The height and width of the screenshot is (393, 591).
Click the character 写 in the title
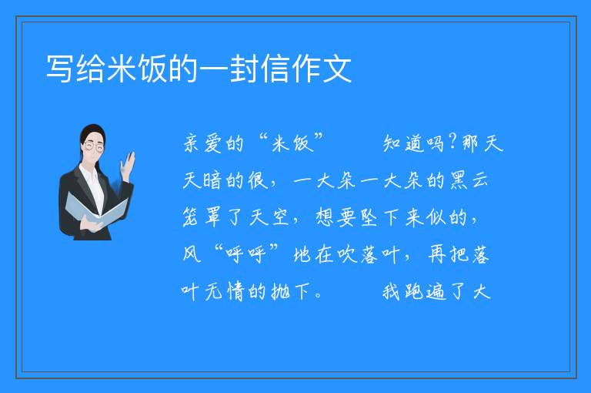pyautogui.click(x=60, y=69)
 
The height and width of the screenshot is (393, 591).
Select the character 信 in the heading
pyautogui.click(x=275, y=69)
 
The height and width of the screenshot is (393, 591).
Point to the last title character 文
pyautogui.click(x=336, y=69)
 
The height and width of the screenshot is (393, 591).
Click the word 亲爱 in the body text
pyautogui.click(x=203, y=144)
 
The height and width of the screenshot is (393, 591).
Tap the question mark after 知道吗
pyautogui.click(x=452, y=143)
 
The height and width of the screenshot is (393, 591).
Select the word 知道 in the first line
pyautogui.click(x=402, y=144)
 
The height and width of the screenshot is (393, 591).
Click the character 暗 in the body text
pyautogui.click(x=213, y=180)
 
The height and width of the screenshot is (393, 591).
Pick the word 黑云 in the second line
pyautogui.click(x=469, y=180)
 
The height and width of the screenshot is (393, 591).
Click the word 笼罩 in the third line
pyautogui.click(x=202, y=217)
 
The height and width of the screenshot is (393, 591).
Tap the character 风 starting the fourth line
pyautogui.click(x=192, y=254)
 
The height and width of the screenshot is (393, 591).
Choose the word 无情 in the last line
pyautogui.click(x=225, y=291)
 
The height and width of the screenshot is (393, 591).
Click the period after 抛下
pyautogui.click(x=318, y=296)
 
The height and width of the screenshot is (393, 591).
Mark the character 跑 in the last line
pyautogui.click(x=415, y=291)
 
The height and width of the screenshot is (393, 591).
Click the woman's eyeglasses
pyautogui.click(x=94, y=146)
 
